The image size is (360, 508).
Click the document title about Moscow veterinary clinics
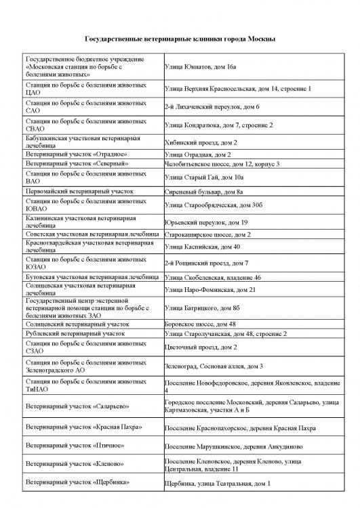[x=180, y=41]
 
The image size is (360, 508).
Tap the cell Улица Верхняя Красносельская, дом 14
[x=237, y=89]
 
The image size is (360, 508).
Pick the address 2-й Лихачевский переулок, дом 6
[x=212, y=107]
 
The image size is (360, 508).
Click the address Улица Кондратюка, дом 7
[x=218, y=125]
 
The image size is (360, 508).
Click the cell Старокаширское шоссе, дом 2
[x=207, y=234]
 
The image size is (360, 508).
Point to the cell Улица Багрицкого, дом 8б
[x=202, y=309]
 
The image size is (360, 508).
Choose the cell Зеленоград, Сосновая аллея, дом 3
[x=214, y=366]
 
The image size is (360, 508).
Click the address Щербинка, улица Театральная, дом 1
[x=218, y=484]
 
